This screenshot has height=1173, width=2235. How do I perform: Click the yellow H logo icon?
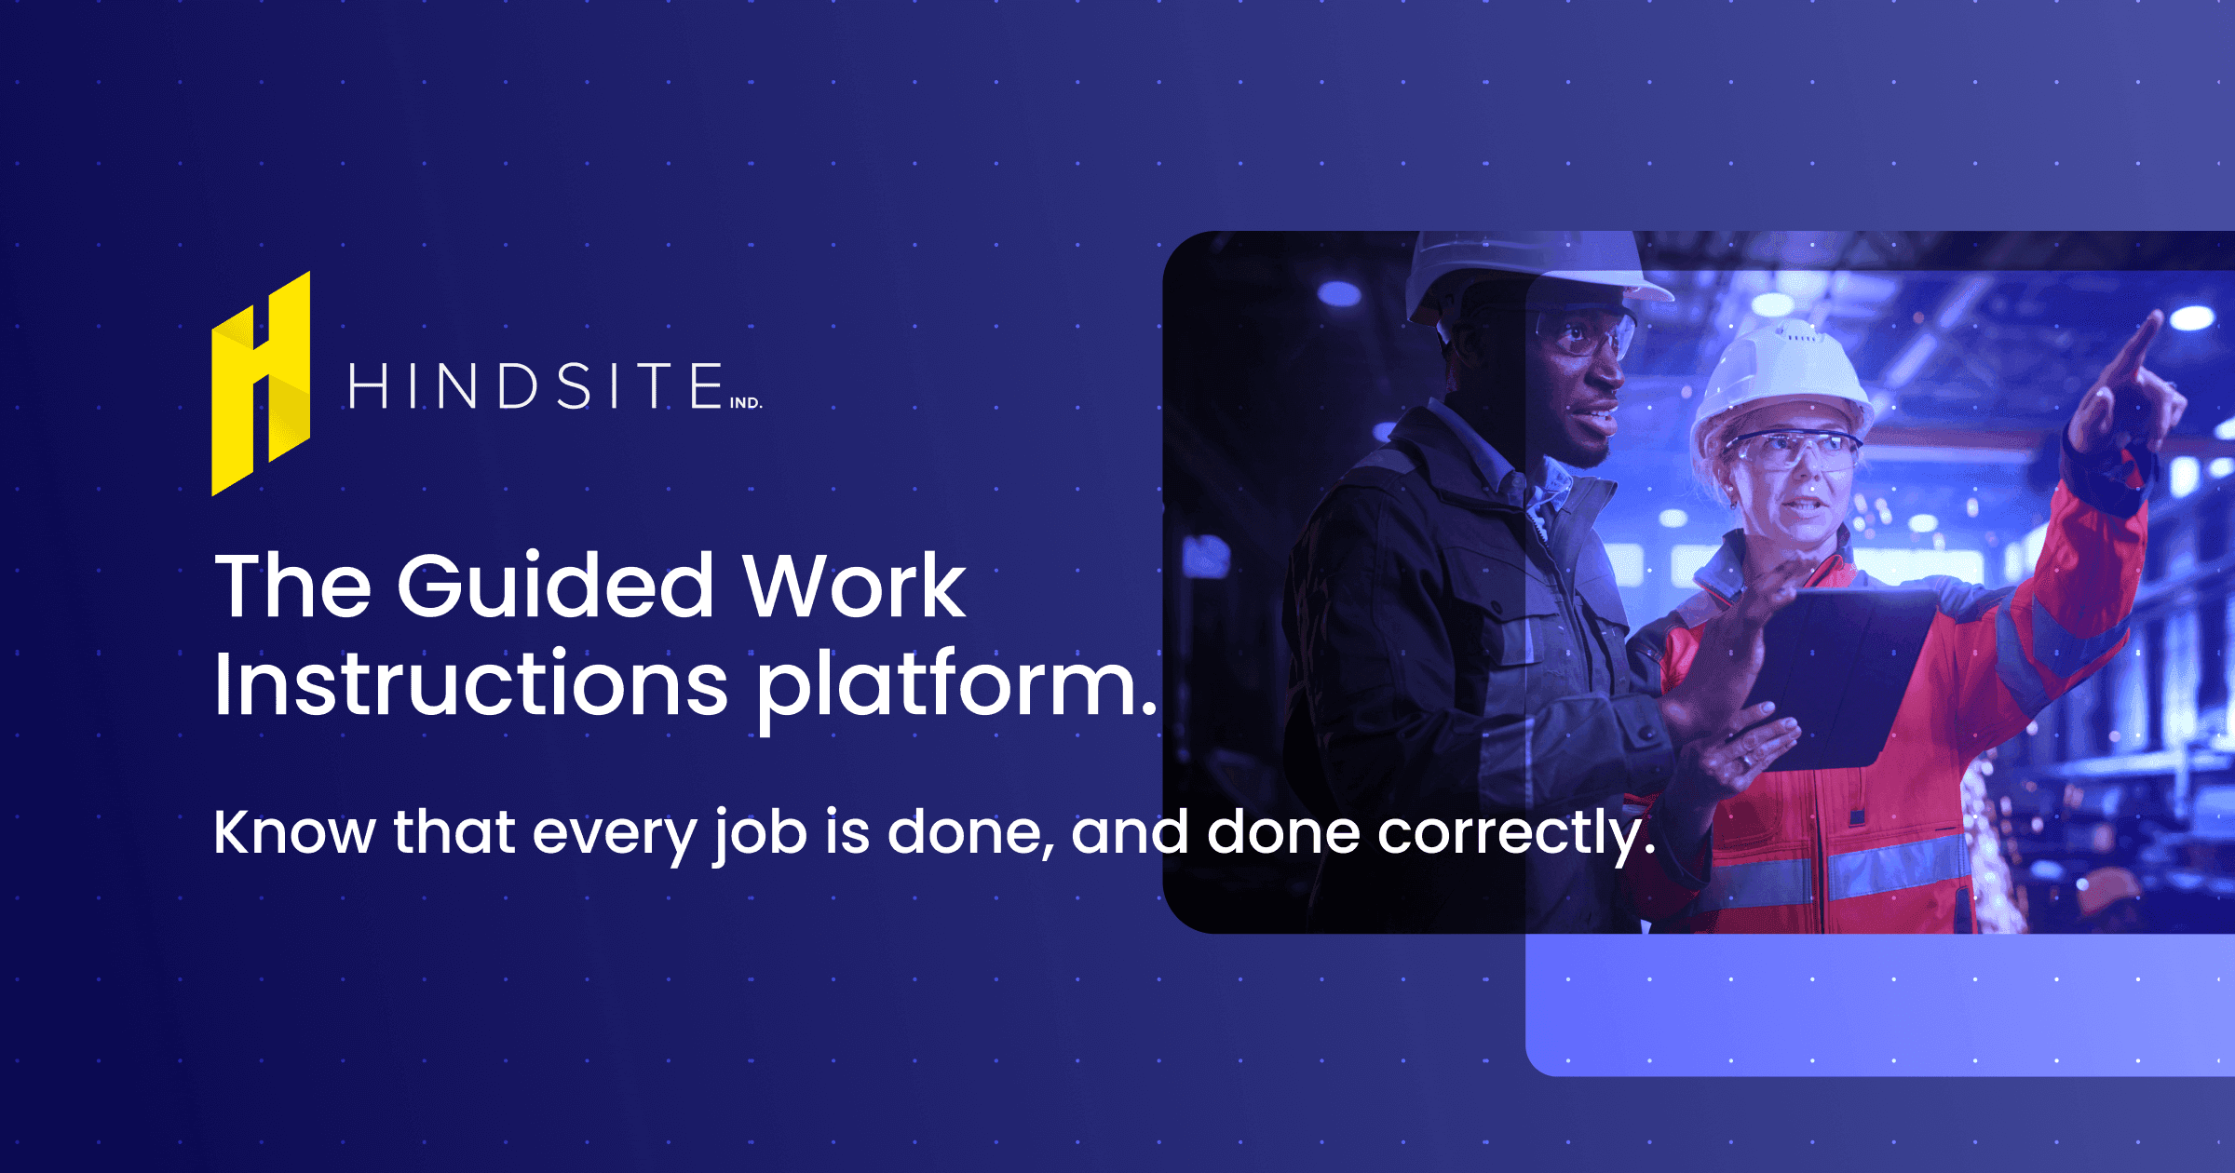261,384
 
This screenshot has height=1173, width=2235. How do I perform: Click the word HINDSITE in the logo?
536,386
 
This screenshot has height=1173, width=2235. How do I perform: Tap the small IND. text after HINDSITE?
745,403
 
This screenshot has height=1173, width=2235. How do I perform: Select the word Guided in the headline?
556,586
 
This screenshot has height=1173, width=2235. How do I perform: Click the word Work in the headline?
854,586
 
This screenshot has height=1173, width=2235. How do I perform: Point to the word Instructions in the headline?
470,684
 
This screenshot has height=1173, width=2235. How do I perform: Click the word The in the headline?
293,586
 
